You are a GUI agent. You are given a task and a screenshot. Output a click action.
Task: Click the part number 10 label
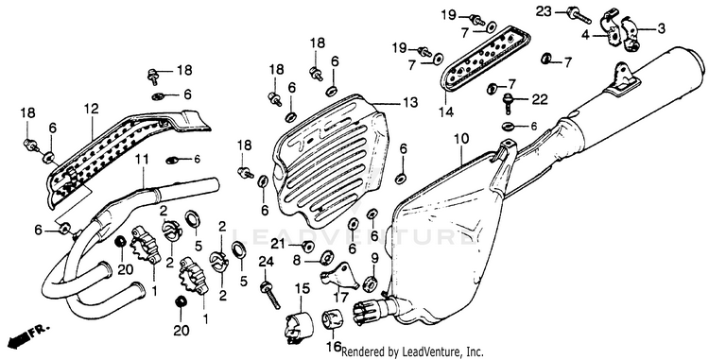pyautogui.click(x=460, y=138)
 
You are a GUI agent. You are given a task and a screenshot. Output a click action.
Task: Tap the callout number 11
pyautogui.click(x=142, y=160)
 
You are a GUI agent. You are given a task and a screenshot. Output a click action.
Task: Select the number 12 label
pyautogui.click(x=91, y=109)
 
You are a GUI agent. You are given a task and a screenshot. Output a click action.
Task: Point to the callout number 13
pyautogui.click(x=410, y=103)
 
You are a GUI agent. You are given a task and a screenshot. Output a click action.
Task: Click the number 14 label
pyautogui.click(x=446, y=111)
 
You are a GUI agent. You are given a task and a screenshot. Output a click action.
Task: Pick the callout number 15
pyautogui.click(x=303, y=288)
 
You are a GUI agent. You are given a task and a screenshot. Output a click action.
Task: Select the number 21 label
pyautogui.click(x=279, y=245)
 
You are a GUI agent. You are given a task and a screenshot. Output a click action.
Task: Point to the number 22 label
pyautogui.click(x=540, y=99)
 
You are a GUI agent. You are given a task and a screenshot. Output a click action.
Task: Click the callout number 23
pyautogui.click(x=545, y=11)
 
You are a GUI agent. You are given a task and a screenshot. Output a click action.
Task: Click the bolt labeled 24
pyautogui.click(x=271, y=296)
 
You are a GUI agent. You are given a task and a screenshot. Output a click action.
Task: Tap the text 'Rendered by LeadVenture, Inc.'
pyautogui.click(x=412, y=351)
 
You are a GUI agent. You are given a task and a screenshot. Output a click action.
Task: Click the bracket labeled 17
pyautogui.click(x=339, y=275)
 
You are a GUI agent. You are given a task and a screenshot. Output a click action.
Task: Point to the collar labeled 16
pyautogui.click(x=333, y=319)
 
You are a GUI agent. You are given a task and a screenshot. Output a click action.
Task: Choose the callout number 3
pyautogui.click(x=661, y=29)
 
